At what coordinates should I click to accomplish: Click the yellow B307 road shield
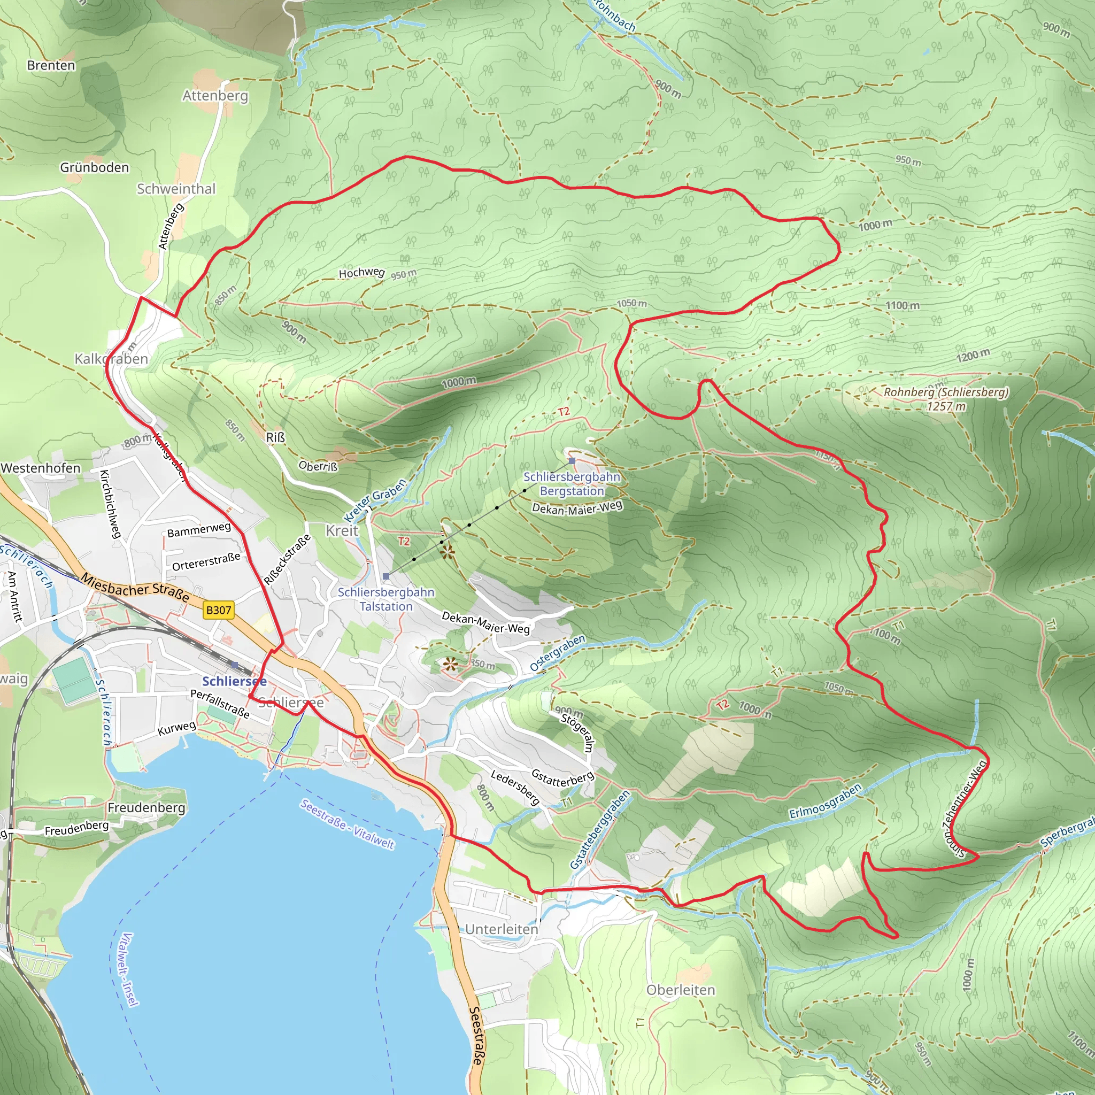pos(218,610)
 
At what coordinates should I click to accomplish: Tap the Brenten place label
pos(51,66)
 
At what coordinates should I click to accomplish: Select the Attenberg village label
pos(215,96)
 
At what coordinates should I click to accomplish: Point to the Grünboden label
pos(95,168)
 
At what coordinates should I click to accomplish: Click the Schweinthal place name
pos(176,189)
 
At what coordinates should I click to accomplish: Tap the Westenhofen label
pos(41,468)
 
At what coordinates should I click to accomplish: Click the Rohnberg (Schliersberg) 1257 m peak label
pos(945,399)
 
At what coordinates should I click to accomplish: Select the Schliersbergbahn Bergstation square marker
pos(572,461)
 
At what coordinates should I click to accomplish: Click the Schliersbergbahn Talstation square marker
pos(386,576)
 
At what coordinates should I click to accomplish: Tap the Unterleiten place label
pos(502,929)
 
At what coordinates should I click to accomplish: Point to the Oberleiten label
pos(681,990)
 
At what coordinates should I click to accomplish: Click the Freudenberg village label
pos(146,808)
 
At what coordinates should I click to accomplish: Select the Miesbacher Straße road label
pos(135,587)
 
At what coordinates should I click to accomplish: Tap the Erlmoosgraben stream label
pos(825,800)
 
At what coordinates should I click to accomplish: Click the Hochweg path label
pos(361,273)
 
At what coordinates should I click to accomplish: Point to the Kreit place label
pos(342,530)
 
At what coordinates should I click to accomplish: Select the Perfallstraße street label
pos(220,704)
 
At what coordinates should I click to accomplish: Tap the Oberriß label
pos(318,466)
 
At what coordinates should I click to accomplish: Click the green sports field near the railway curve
pos(74,682)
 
